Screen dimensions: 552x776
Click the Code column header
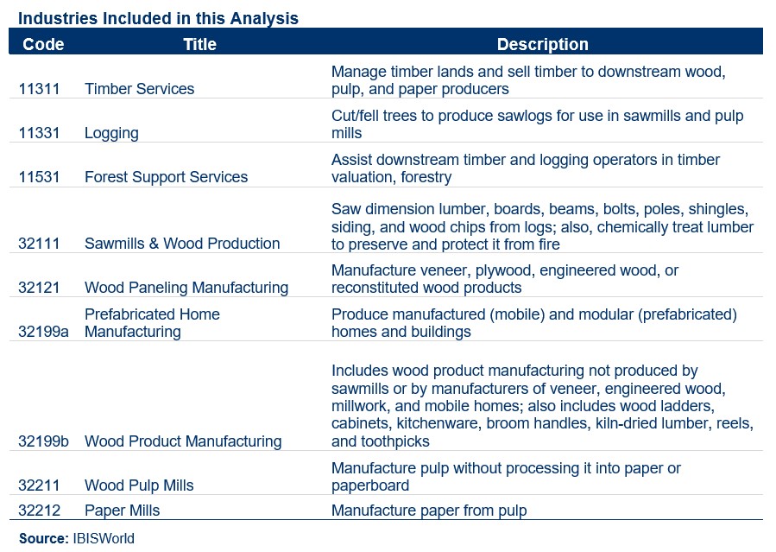click(43, 44)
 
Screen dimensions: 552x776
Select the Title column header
click(199, 44)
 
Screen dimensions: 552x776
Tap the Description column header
click(542, 44)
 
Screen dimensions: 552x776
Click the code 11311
click(40, 89)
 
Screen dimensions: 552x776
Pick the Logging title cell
click(111, 133)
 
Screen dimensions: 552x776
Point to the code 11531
click(40, 177)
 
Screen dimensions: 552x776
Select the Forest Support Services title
click(166, 177)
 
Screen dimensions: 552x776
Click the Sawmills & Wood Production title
click(182, 244)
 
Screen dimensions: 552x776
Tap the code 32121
click(40, 288)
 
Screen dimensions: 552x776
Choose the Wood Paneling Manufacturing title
click(186, 288)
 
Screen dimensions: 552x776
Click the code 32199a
click(43, 332)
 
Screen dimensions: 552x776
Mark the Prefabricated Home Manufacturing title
click(152, 323)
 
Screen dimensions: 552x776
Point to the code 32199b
click(43, 441)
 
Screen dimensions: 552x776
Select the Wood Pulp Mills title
click(139, 485)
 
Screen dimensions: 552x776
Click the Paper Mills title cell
click(122, 511)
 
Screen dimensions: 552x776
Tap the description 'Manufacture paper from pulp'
click(429, 511)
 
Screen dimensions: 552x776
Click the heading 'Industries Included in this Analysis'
click(158, 18)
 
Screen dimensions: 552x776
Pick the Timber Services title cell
click(139, 89)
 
